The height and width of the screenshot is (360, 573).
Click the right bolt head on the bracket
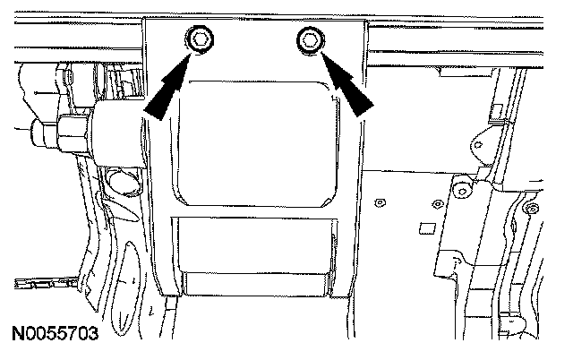pos(310,39)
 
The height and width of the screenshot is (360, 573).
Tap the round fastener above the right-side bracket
pos(460,187)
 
